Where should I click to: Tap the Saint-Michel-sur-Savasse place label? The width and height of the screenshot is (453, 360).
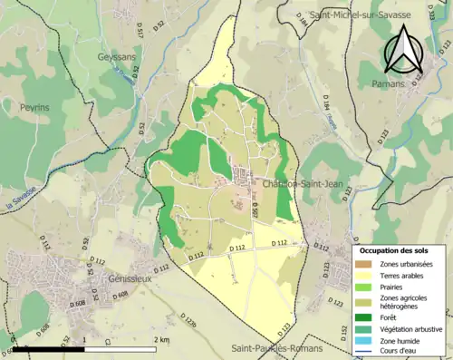click(359, 15)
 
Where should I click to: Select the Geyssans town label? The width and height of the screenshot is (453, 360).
click(117, 56)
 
